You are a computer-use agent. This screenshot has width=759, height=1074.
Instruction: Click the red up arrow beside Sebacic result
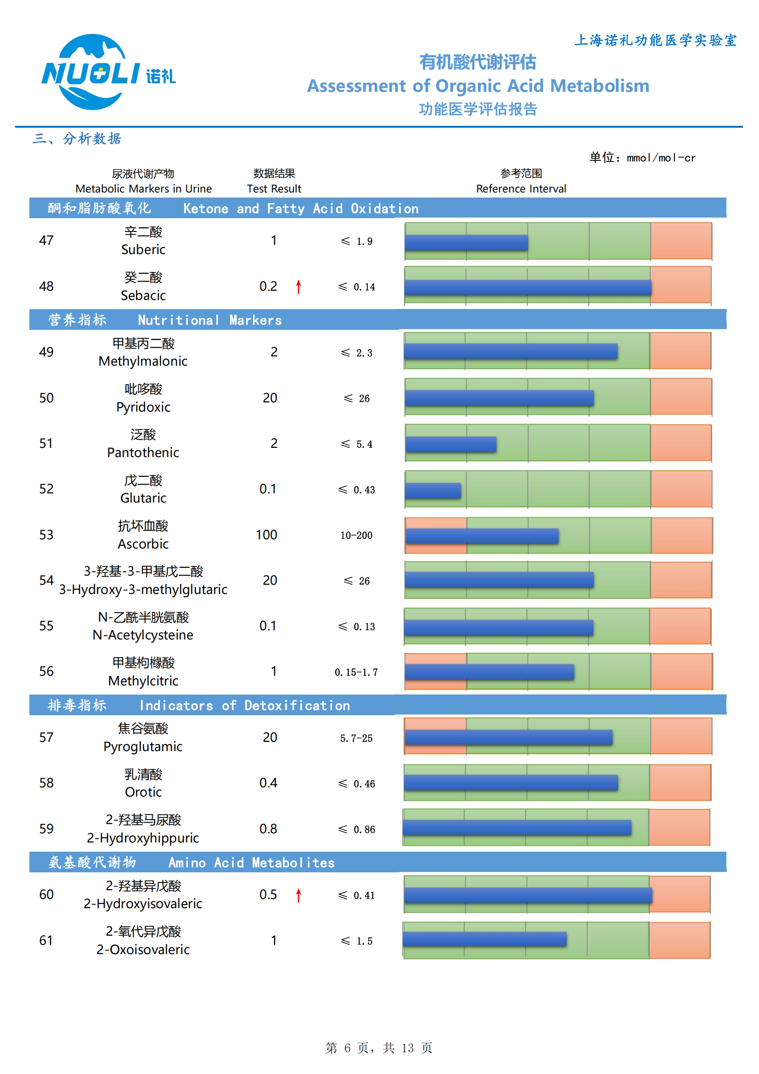(298, 287)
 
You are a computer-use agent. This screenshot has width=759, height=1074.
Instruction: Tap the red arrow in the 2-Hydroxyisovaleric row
(298, 895)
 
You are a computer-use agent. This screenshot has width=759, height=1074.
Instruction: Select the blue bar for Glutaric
(433, 490)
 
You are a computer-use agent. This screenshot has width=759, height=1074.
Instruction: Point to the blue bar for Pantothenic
(450, 444)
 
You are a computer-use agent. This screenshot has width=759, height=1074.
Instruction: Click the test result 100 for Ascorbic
(266, 535)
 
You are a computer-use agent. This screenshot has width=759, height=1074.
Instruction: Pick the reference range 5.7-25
(356, 738)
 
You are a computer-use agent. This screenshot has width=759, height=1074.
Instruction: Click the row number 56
(46, 671)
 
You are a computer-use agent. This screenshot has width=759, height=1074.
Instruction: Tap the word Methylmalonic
(143, 361)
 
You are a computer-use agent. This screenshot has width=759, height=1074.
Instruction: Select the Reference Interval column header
(521, 188)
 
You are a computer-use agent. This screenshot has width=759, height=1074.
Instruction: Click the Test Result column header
(274, 188)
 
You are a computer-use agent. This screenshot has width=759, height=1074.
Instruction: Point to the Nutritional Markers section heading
(209, 320)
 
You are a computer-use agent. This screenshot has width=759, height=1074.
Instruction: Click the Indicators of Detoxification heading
(244, 706)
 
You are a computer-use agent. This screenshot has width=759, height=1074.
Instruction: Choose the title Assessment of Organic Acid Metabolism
(478, 86)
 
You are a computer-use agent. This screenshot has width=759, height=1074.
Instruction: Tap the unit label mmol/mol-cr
(660, 158)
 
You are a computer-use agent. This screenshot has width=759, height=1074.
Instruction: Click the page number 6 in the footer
(347, 1048)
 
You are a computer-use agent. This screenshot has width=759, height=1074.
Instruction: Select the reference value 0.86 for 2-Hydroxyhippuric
(364, 829)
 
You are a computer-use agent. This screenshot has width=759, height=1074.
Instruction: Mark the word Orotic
(143, 792)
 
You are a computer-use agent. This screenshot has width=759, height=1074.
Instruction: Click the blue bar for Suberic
(466, 242)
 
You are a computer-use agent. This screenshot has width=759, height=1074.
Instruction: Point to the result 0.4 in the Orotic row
(268, 783)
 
